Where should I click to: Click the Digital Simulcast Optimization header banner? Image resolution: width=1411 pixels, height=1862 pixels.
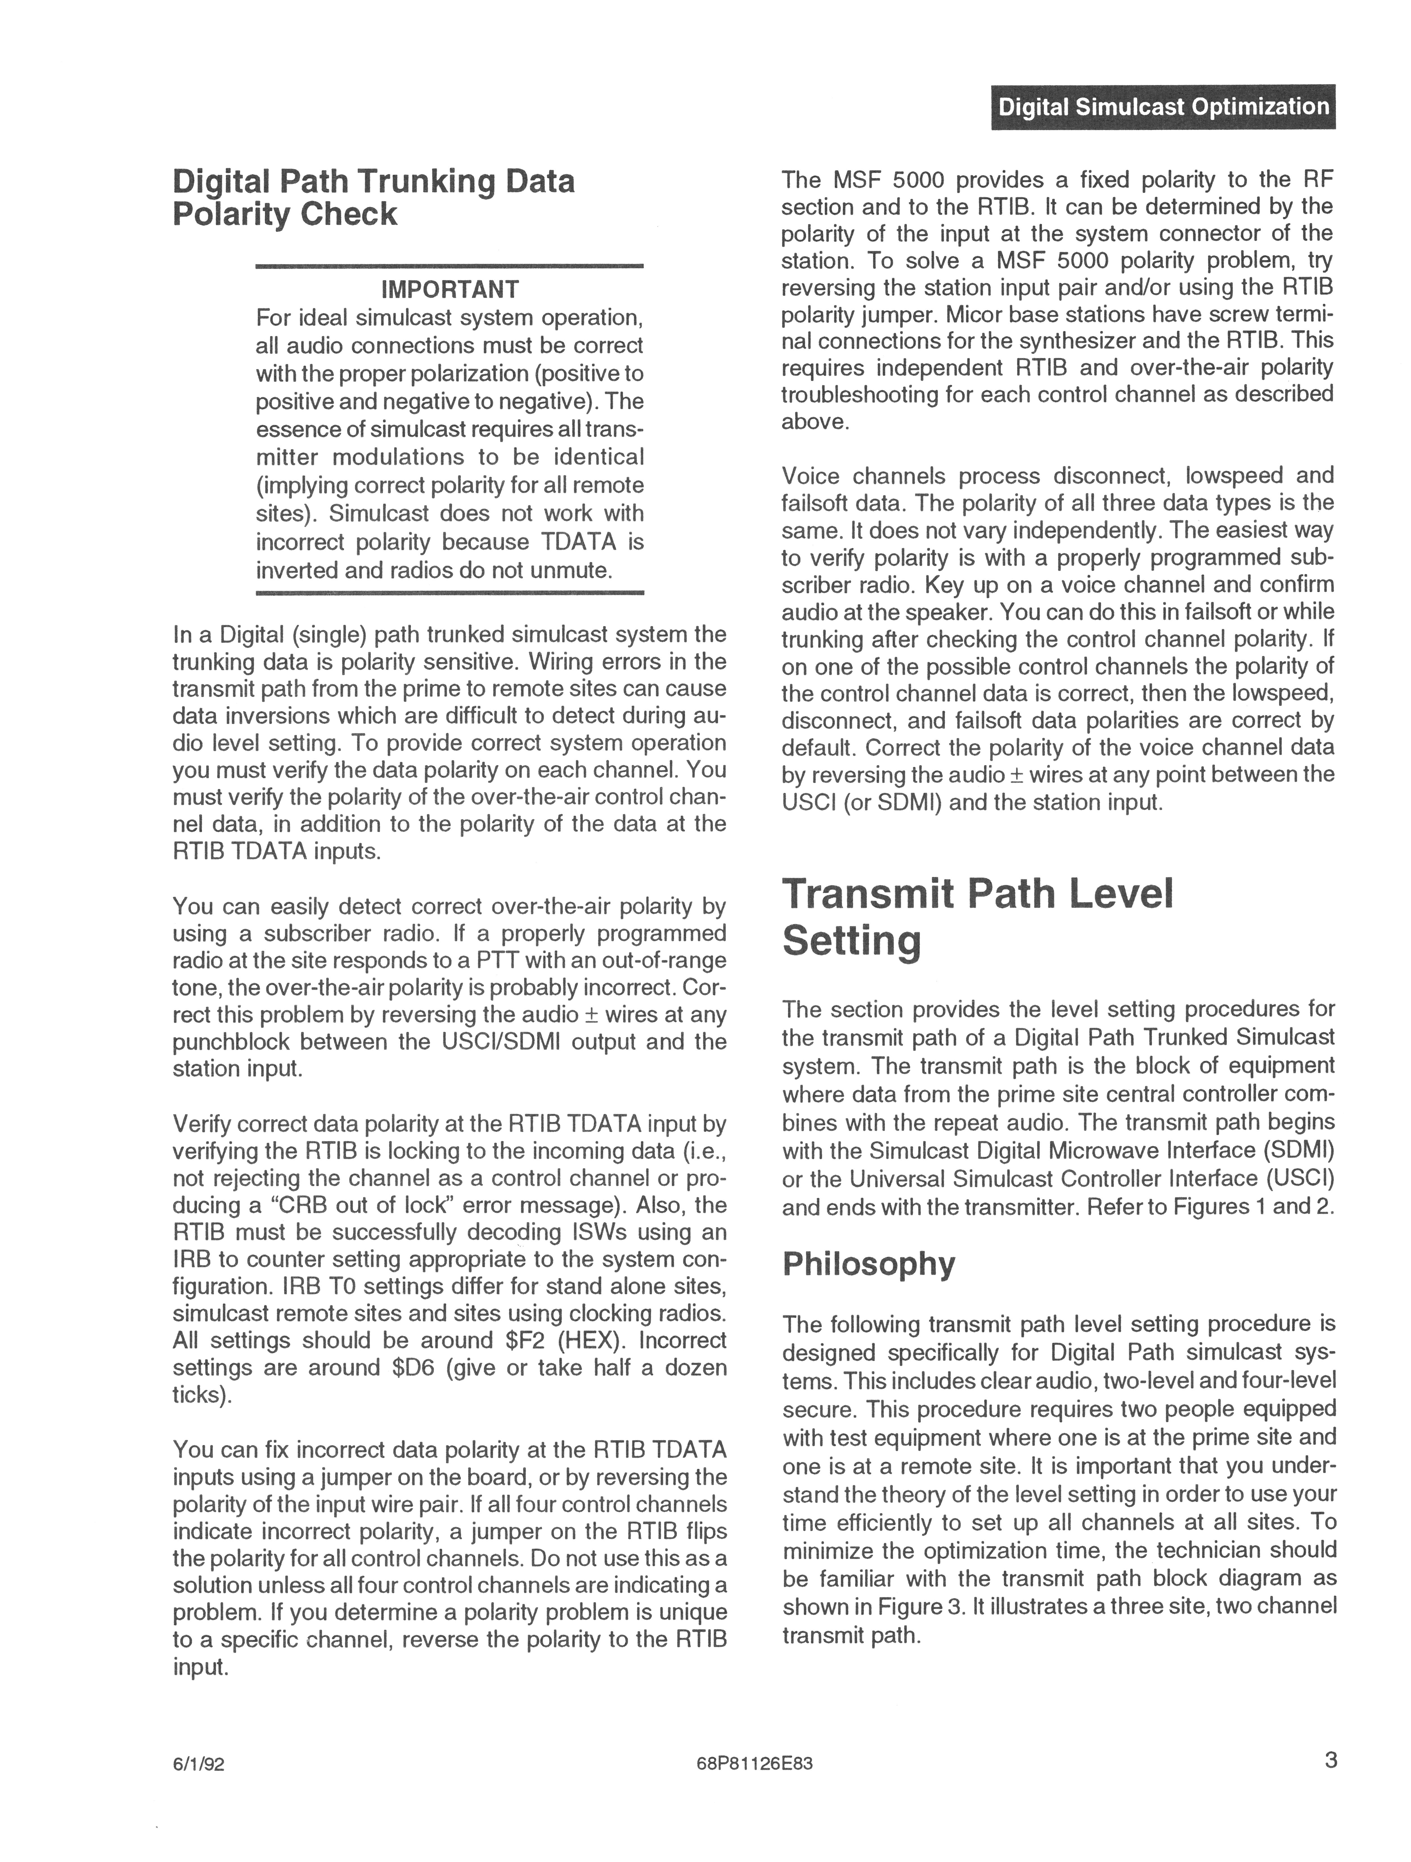[1163, 107]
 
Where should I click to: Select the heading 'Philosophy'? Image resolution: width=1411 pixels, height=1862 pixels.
[869, 1264]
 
